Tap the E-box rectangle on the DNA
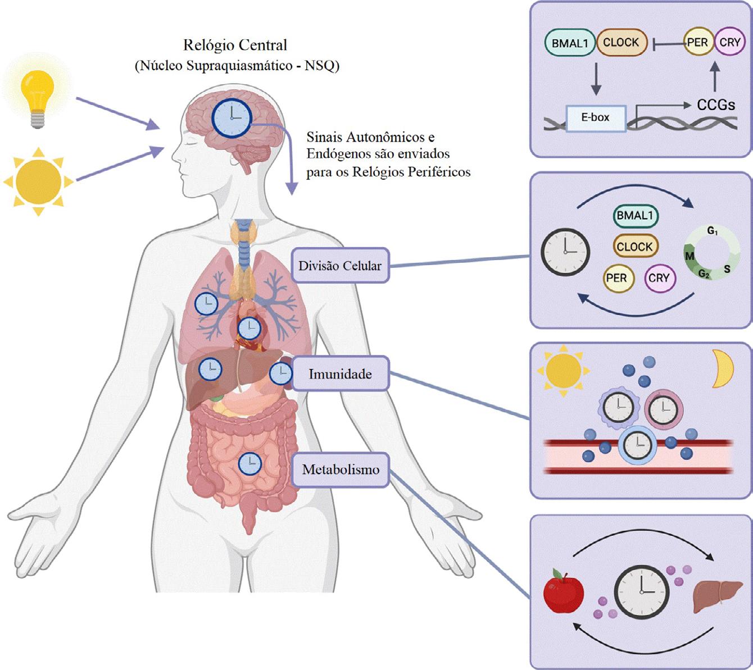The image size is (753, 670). click(x=596, y=118)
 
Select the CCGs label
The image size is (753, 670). click(x=716, y=104)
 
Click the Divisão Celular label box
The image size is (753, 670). click(x=340, y=266)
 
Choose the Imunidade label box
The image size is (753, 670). click(x=340, y=373)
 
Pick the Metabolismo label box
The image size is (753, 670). click(x=340, y=470)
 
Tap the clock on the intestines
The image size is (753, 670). click(x=250, y=464)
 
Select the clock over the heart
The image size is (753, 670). click(x=250, y=329)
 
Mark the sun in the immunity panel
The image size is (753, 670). click(x=564, y=370)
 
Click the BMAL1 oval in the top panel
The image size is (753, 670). click(x=570, y=43)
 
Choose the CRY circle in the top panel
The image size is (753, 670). click(x=730, y=42)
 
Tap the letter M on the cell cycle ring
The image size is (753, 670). click(x=690, y=256)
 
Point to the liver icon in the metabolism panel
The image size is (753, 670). click(x=718, y=595)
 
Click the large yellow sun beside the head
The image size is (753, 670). click(x=39, y=181)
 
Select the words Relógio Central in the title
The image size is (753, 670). click(x=235, y=45)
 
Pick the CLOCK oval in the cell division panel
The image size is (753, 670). click(x=635, y=246)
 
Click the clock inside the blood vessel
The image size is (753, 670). click(x=638, y=445)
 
